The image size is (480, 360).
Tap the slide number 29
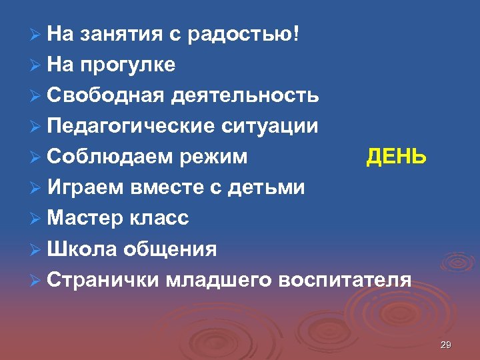tap(446, 345)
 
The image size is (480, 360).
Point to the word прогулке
tap(127, 65)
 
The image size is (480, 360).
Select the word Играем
tap(85, 188)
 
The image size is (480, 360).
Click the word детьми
tap(266, 187)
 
